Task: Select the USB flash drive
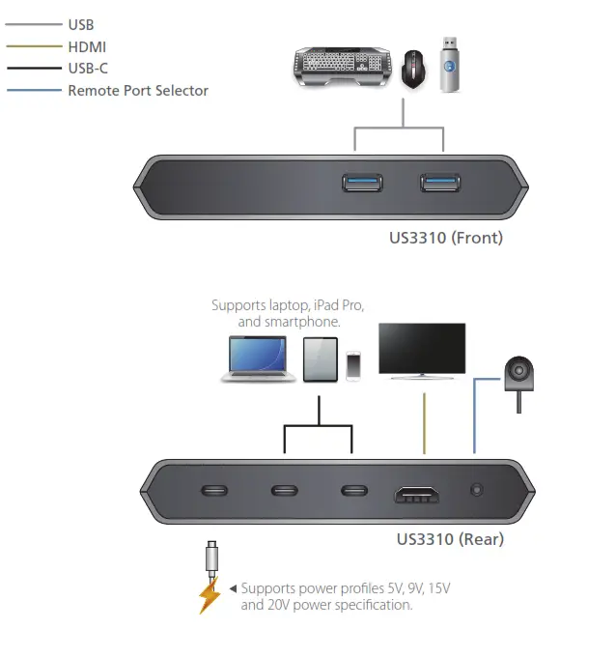point(449,65)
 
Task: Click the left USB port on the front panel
point(361,182)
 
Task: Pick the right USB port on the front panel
point(439,182)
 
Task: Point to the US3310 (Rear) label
point(451,538)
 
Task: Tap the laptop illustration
point(258,360)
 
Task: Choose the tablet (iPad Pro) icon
point(320,359)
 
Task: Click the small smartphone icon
point(353,364)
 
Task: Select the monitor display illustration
point(421,351)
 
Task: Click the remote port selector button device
point(519,373)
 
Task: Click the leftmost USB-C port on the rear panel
point(214,490)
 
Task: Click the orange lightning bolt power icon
point(210,595)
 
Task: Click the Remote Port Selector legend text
point(137,90)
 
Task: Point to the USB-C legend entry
point(88,69)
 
